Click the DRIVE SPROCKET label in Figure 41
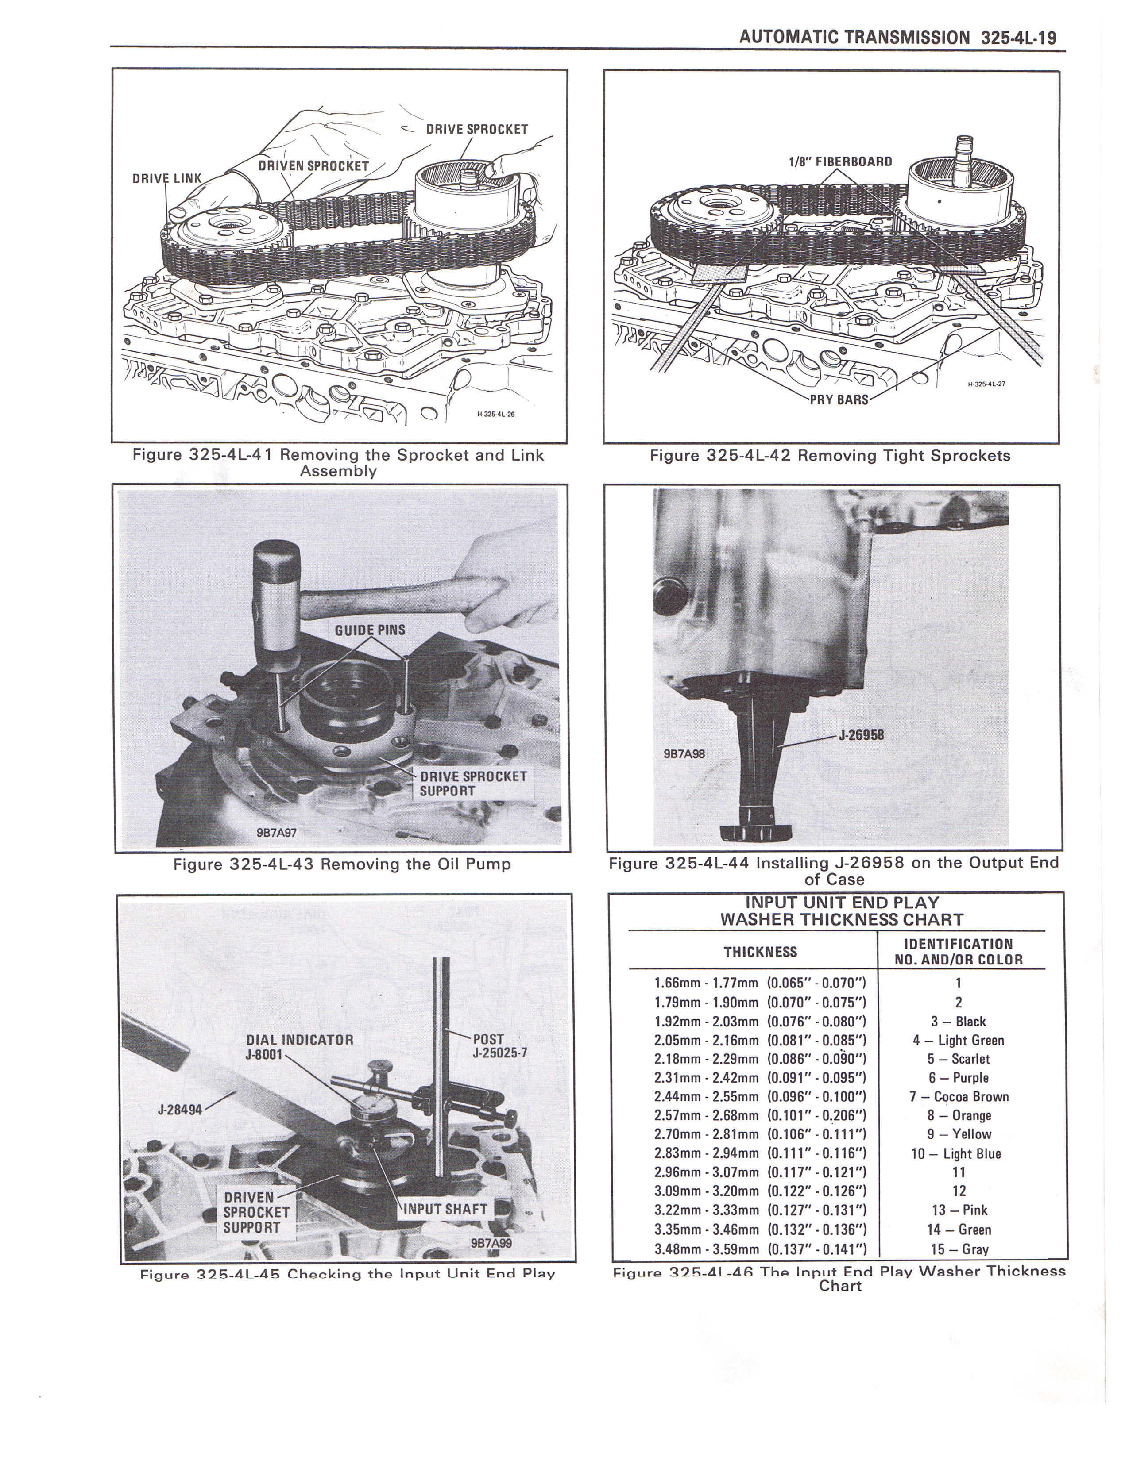[x=477, y=129]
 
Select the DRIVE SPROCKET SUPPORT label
[x=473, y=784]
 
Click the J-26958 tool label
[x=862, y=735]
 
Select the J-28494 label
[x=179, y=1109]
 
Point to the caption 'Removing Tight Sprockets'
[x=904, y=455]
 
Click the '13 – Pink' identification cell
[x=959, y=1210]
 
